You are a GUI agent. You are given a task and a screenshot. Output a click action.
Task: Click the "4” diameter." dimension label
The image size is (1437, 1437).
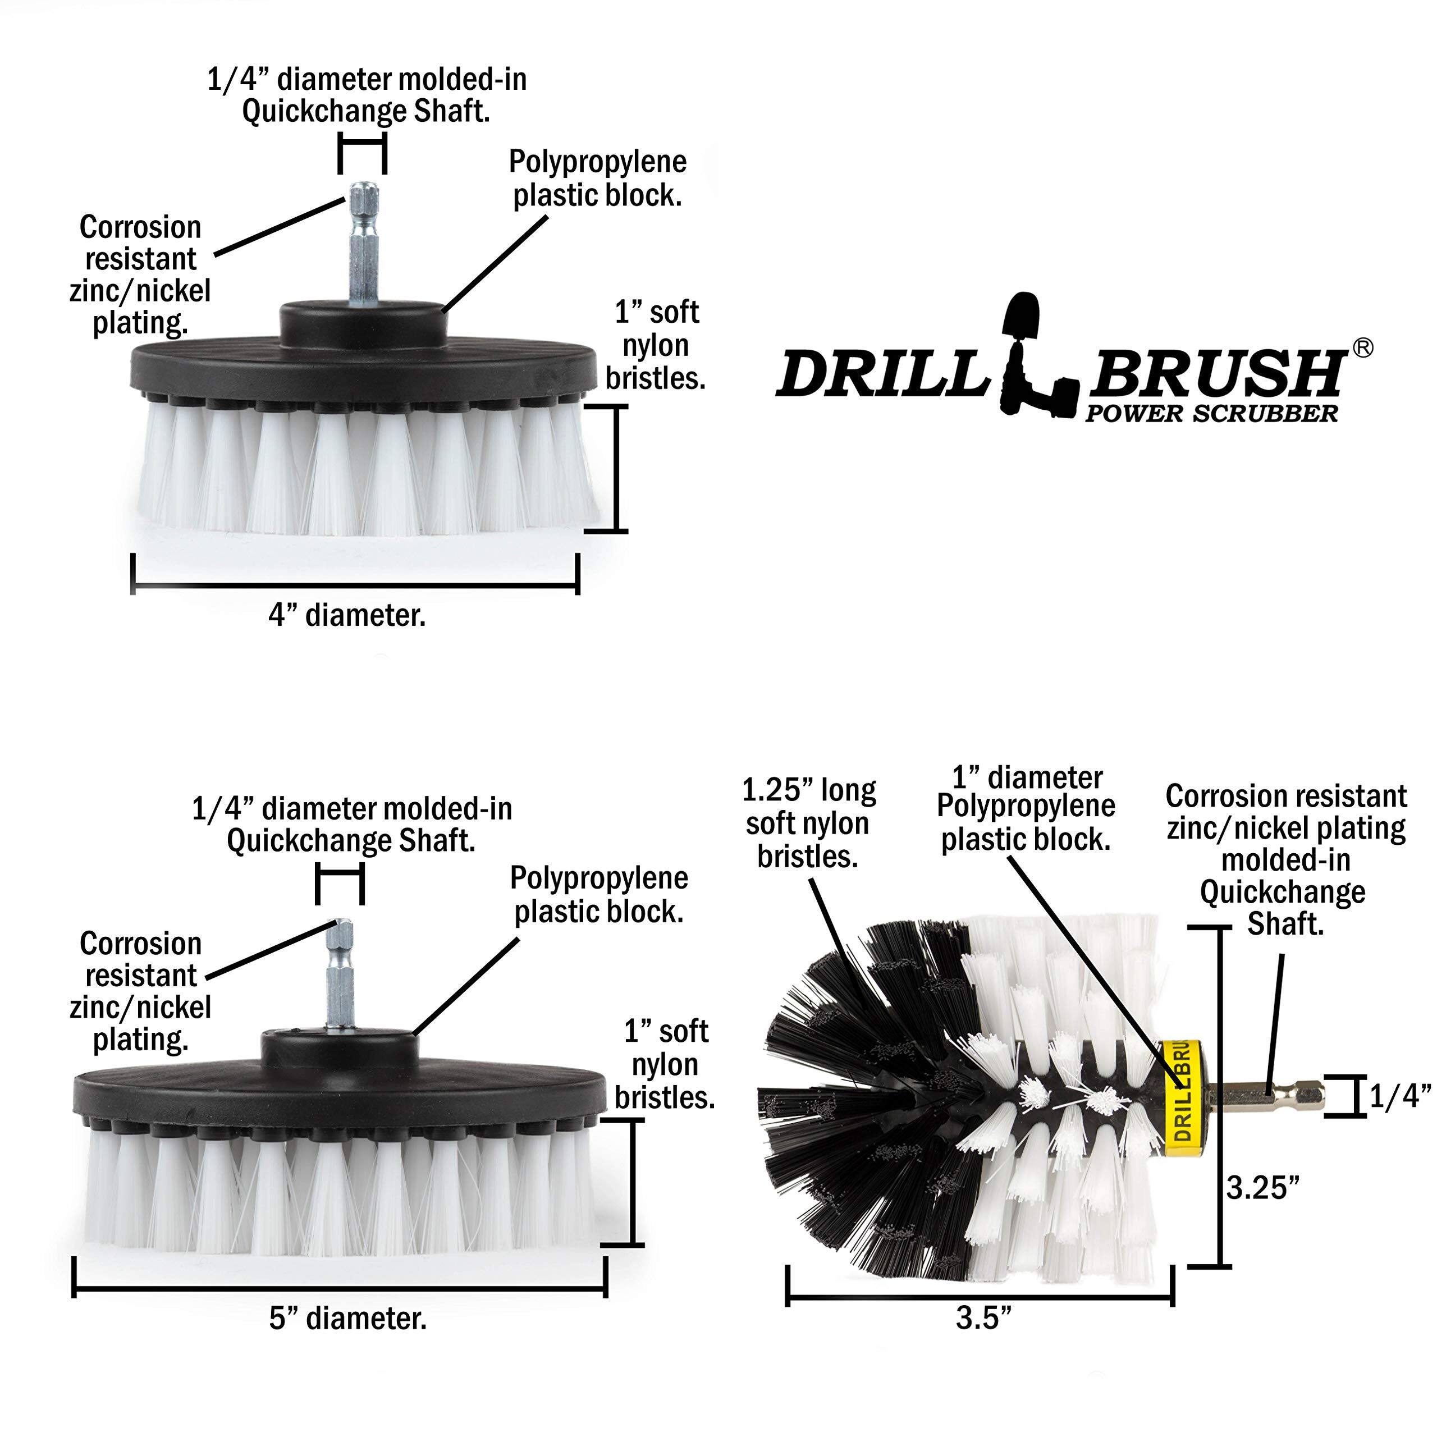tap(347, 616)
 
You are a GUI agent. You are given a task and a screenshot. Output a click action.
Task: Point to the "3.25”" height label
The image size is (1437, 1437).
tap(1263, 1188)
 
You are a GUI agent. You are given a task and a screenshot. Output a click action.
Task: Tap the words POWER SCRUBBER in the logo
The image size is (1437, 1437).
tap(1211, 414)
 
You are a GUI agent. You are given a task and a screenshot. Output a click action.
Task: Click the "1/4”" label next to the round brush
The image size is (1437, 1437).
tap(1400, 1096)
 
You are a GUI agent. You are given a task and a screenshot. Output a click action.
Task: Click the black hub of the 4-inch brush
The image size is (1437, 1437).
tap(364, 321)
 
